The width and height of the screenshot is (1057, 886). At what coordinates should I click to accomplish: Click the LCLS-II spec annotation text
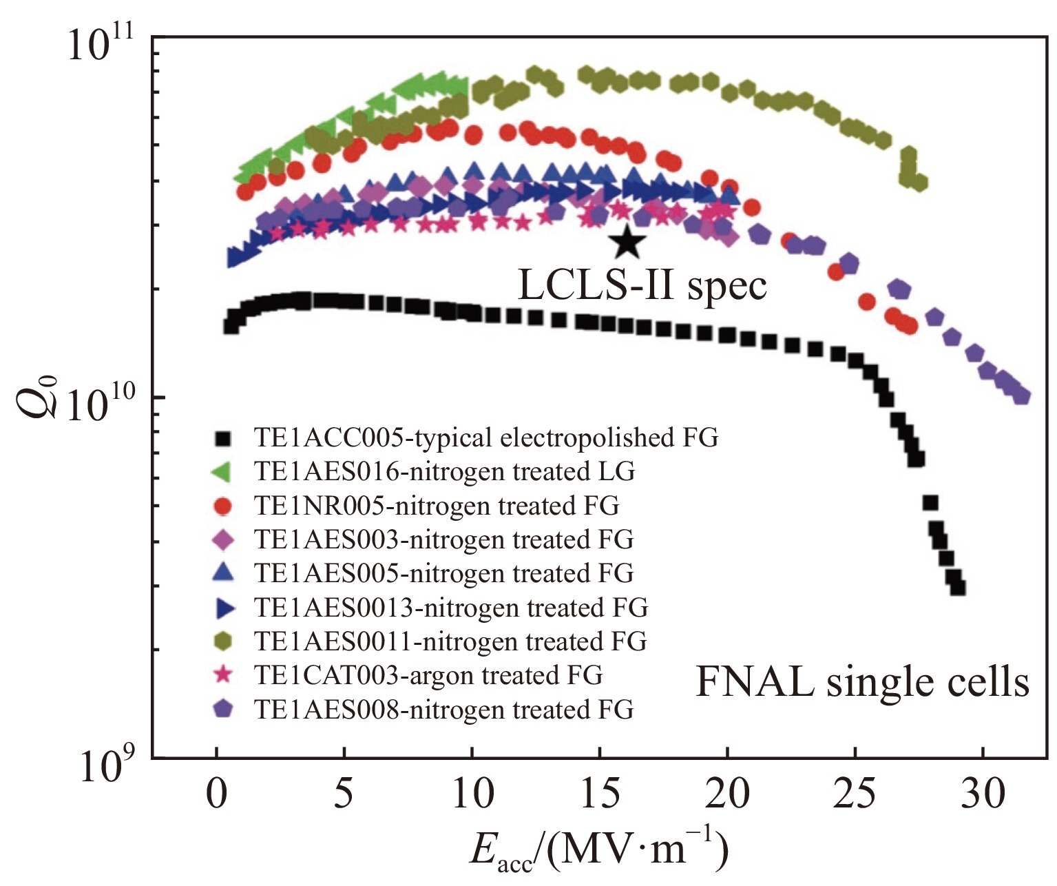click(x=642, y=285)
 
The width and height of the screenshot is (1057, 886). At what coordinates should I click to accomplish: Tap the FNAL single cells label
click(x=862, y=682)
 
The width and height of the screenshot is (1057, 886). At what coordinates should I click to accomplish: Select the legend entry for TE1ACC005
click(x=485, y=437)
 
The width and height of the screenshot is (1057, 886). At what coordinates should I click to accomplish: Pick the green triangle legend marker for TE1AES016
click(x=224, y=472)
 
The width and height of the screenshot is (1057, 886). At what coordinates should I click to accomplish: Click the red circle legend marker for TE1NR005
click(x=224, y=506)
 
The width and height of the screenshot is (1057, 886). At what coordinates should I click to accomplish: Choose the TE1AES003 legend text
click(x=443, y=539)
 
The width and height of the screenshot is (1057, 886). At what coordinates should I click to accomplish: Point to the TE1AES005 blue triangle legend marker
click(x=224, y=573)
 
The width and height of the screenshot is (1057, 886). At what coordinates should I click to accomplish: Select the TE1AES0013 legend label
click(x=451, y=608)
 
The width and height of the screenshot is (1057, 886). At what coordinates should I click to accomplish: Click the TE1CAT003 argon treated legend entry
click(x=428, y=675)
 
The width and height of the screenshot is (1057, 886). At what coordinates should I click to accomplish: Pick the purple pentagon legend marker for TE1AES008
click(x=224, y=709)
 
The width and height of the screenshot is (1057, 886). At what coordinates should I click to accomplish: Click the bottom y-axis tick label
click(x=110, y=765)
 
